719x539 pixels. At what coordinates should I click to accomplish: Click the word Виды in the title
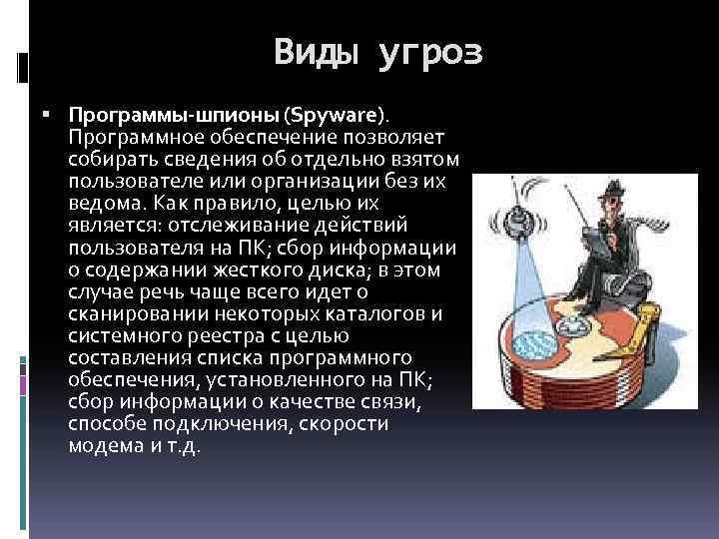pos(316,51)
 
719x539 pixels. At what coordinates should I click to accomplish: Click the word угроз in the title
pos(430,53)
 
